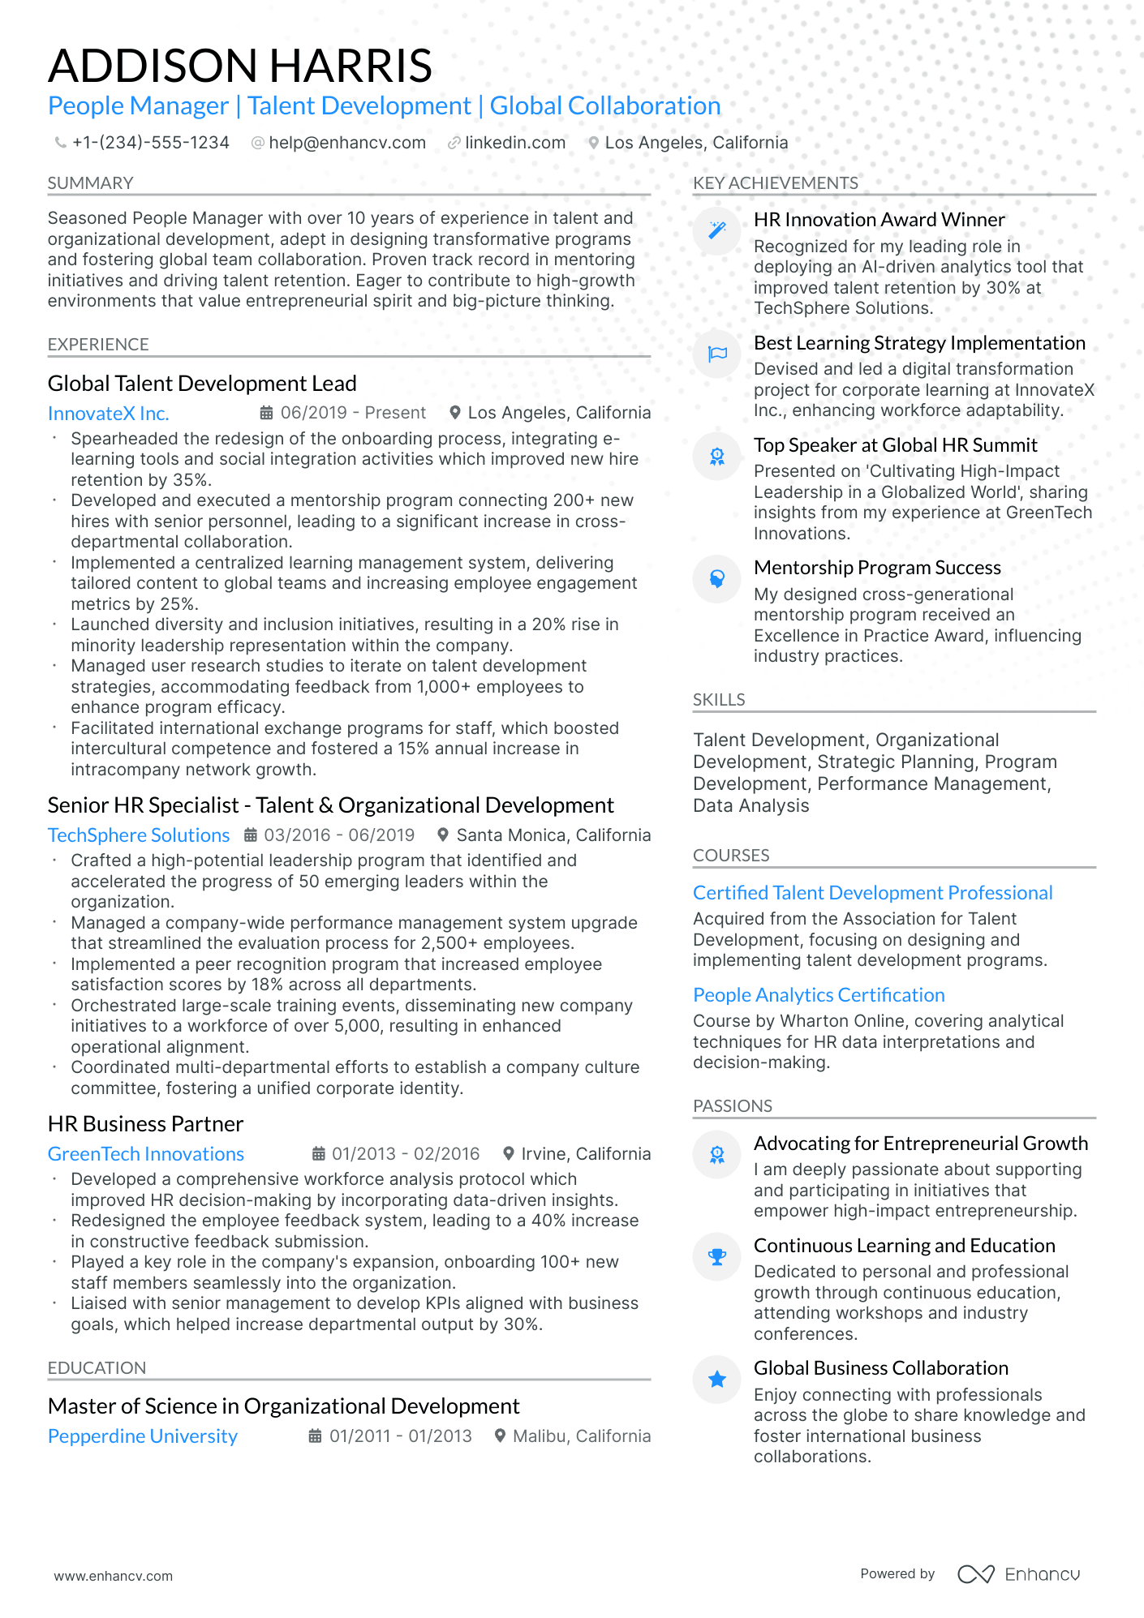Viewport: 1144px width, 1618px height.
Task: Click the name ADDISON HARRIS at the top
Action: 239,66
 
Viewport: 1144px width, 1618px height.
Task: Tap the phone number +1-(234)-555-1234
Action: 150,143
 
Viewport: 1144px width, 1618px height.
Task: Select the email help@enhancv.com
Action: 346,143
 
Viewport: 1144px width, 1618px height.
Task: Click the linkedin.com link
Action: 514,143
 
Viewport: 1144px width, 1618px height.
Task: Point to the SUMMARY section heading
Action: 90,183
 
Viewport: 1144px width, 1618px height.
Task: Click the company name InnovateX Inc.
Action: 108,414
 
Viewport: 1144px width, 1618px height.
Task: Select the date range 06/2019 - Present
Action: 352,413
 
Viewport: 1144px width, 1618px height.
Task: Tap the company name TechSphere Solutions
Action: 139,835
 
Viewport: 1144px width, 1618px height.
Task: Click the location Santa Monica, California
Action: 553,835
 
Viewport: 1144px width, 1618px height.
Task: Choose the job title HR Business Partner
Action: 145,1124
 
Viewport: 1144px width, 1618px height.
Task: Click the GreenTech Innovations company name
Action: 146,1154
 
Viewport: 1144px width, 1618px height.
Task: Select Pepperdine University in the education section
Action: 143,1436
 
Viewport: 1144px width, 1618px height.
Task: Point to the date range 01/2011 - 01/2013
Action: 400,1436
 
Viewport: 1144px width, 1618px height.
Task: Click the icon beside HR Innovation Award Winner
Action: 717,231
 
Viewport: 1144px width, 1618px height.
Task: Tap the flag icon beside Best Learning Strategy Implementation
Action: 717,354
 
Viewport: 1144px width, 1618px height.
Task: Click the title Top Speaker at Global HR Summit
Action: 895,445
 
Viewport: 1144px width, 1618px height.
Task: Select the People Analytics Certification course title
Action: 819,995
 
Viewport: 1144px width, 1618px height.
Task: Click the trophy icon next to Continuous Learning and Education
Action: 717,1257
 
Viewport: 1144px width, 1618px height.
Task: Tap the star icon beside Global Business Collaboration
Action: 717,1380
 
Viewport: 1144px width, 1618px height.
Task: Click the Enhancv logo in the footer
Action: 1018,1574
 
